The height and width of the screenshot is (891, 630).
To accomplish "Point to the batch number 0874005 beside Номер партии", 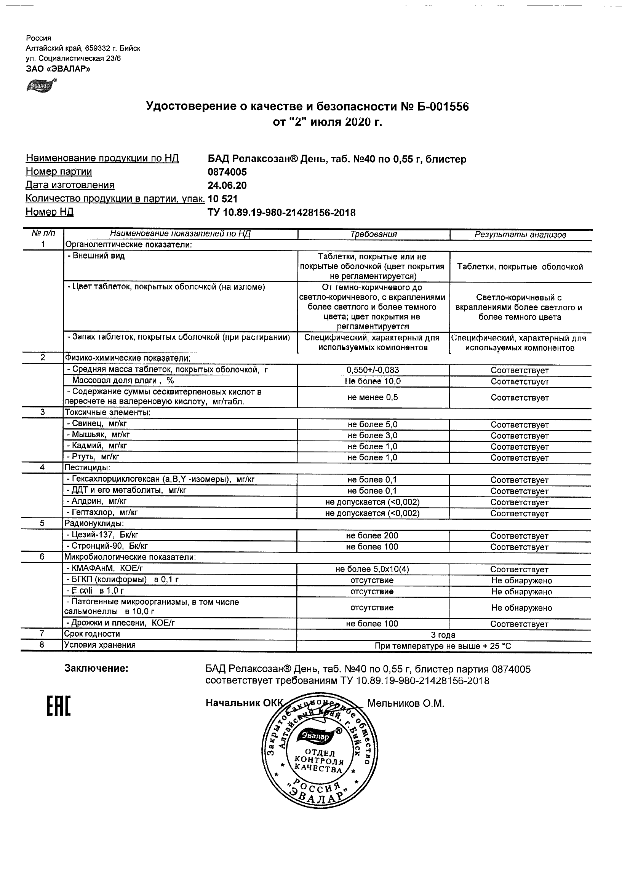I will [227, 172].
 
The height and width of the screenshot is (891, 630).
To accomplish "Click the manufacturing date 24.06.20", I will [227, 185].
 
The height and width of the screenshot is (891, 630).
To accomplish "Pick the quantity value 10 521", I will [223, 199].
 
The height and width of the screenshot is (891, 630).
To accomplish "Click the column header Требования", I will [373, 235].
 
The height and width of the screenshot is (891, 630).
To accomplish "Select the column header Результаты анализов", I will [520, 235].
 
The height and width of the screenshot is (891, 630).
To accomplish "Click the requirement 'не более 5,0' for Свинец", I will [373, 425].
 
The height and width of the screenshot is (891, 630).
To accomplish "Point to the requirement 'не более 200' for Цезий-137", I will [372, 535].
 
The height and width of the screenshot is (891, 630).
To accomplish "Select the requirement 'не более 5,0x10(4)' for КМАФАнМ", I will [372, 569].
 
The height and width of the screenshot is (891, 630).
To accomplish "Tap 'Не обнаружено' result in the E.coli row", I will [521, 592].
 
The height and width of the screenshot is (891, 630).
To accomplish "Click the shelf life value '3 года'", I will [443, 635].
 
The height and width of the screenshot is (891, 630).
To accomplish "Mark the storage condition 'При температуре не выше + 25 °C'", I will [443, 646].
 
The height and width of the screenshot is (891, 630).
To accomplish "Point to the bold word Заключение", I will [96, 669].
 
